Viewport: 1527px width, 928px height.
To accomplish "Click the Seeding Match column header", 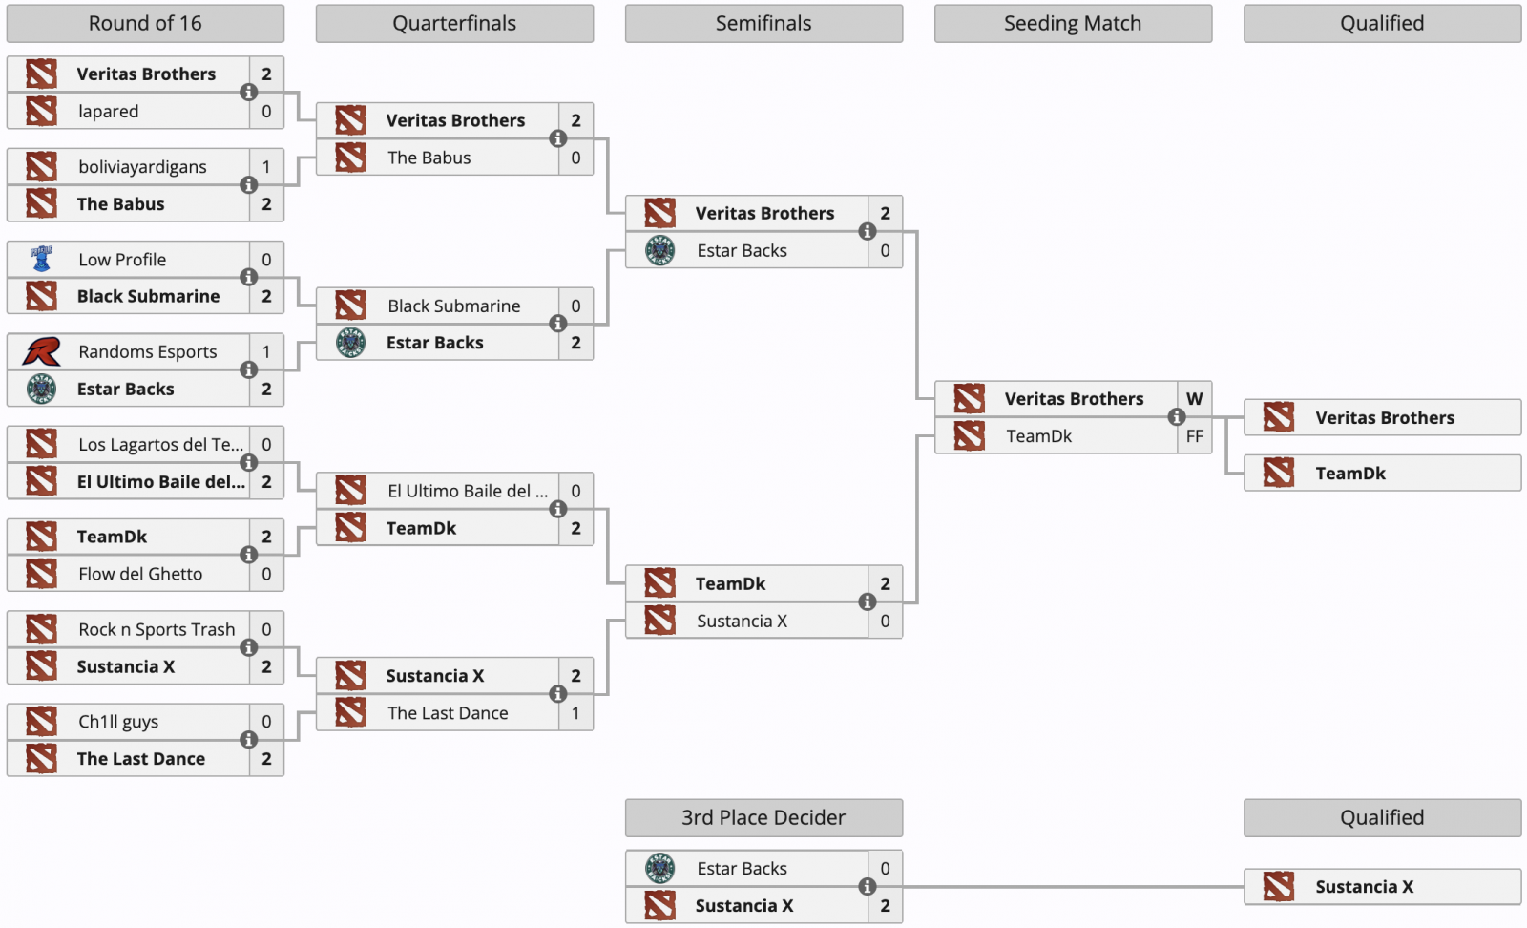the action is [x=1073, y=23].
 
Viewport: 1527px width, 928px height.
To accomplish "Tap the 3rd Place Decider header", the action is [x=763, y=817].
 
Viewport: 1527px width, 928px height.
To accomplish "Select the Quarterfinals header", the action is [x=454, y=23].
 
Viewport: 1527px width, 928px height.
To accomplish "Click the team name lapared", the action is [x=109, y=111].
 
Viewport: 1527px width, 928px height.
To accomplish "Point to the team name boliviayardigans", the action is [x=142, y=166].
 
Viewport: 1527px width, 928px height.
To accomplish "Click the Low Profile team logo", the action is [x=42, y=259].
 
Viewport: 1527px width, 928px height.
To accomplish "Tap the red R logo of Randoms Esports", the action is [x=42, y=352].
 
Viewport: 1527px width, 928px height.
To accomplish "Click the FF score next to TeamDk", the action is [x=1194, y=435].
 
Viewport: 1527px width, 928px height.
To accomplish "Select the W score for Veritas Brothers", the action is [x=1194, y=398].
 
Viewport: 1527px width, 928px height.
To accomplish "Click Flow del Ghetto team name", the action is [x=140, y=574].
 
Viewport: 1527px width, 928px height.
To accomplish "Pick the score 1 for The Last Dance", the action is [x=575, y=712].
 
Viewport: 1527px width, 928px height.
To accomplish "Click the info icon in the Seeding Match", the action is [x=1176, y=416].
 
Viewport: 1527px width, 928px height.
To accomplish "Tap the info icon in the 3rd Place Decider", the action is [x=867, y=886].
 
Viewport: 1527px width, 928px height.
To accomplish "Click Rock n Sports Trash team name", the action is [x=157, y=628].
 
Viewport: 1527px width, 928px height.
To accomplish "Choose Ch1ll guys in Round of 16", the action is [x=118, y=722].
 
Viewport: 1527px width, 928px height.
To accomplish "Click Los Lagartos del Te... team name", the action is [x=161, y=444].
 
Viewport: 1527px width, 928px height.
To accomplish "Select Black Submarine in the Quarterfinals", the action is [x=454, y=306].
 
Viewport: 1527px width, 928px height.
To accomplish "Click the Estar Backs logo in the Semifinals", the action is [x=659, y=250].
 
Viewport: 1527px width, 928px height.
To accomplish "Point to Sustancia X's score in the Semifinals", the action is [x=885, y=621].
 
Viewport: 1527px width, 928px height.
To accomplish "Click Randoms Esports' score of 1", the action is [x=266, y=352].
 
